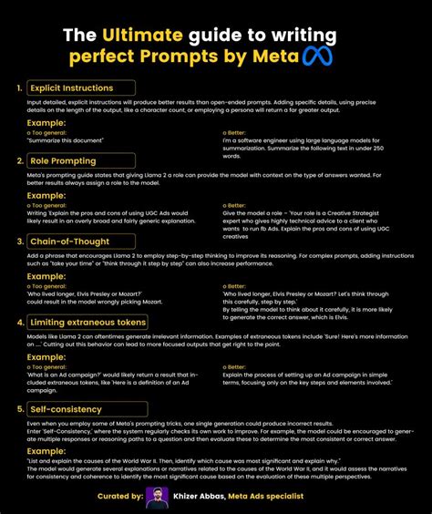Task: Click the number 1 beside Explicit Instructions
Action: [x=18, y=88]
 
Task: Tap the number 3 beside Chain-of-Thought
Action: [x=18, y=242]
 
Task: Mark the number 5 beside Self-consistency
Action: [x=18, y=410]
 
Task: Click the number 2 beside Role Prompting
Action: [x=18, y=160]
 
